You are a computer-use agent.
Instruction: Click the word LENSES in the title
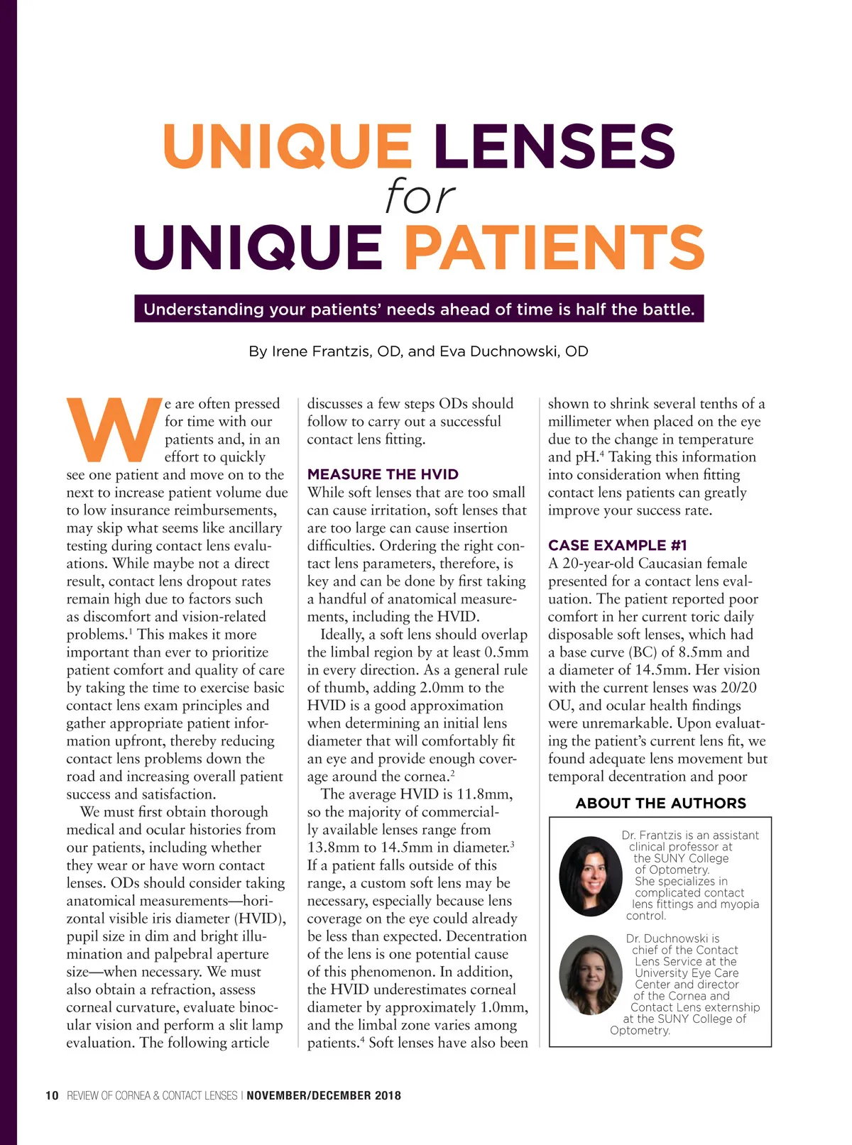pos(554,146)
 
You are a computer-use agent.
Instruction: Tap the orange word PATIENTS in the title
pos(555,247)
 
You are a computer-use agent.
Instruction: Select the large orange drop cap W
pos(114,430)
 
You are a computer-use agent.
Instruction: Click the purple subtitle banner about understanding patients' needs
pos(419,309)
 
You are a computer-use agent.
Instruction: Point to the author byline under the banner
pos(418,351)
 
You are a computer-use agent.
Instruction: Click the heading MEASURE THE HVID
pos(383,474)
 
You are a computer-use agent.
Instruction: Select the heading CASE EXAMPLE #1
pos(617,545)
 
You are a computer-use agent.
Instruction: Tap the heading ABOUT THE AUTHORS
pos(660,803)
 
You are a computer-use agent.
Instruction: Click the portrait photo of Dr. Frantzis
pos(590,875)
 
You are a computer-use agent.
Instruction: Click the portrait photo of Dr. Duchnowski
pos(590,974)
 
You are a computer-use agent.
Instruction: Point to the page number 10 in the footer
pos(52,1095)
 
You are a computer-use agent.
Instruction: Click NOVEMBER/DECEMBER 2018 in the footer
pos(324,1095)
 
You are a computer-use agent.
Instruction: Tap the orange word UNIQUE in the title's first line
pos(288,146)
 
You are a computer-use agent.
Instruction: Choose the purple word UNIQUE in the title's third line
pos(258,247)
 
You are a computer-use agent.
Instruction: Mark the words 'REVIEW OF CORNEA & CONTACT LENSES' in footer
pos(152,1095)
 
